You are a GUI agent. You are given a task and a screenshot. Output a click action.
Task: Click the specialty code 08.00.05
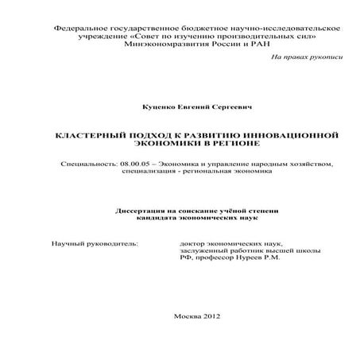[x=130, y=163]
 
